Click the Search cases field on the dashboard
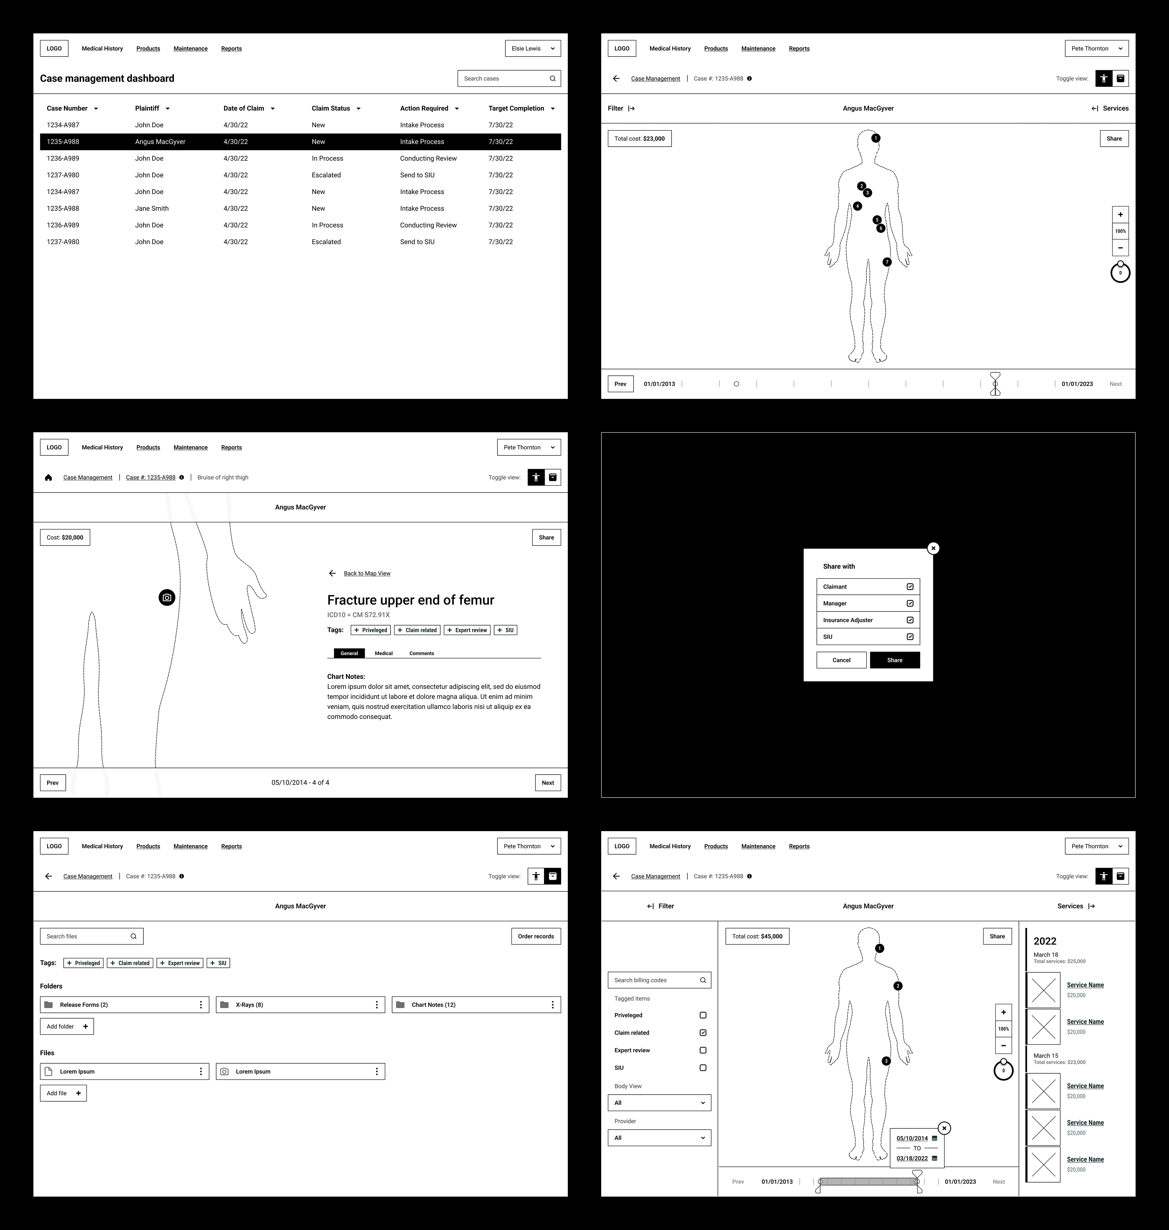pyautogui.click(x=508, y=78)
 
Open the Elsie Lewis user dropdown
pyautogui.click(x=533, y=49)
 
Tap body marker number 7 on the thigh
pyautogui.click(x=887, y=262)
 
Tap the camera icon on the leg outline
pyautogui.click(x=167, y=598)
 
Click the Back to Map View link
pyautogui.click(x=367, y=573)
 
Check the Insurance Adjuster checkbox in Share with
pyautogui.click(x=910, y=620)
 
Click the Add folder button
pyautogui.click(x=67, y=1026)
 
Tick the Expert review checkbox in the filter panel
pyautogui.click(x=703, y=1050)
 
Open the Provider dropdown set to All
pyautogui.click(x=659, y=1138)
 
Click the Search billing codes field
pyautogui.click(x=659, y=980)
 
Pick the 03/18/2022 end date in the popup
pyautogui.click(x=912, y=1159)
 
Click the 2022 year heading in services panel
pyautogui.click(x=1045, y=941)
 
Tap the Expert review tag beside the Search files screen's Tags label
pyautogui.click(x=180, y=963)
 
